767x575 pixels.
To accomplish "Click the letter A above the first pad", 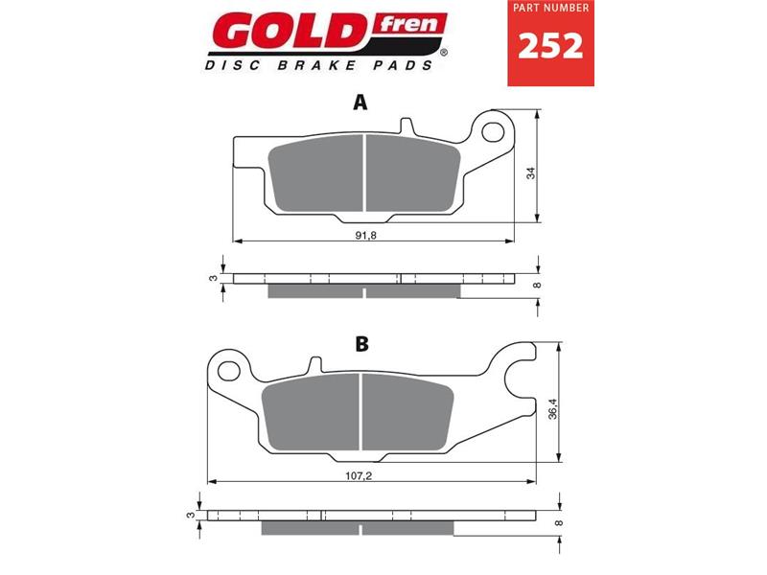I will [x=360, y=103].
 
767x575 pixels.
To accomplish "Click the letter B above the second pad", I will [x=361, y=345].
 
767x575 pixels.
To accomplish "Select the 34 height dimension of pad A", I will [x=529, y=173].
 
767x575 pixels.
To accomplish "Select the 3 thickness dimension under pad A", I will [x=213, y=278].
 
